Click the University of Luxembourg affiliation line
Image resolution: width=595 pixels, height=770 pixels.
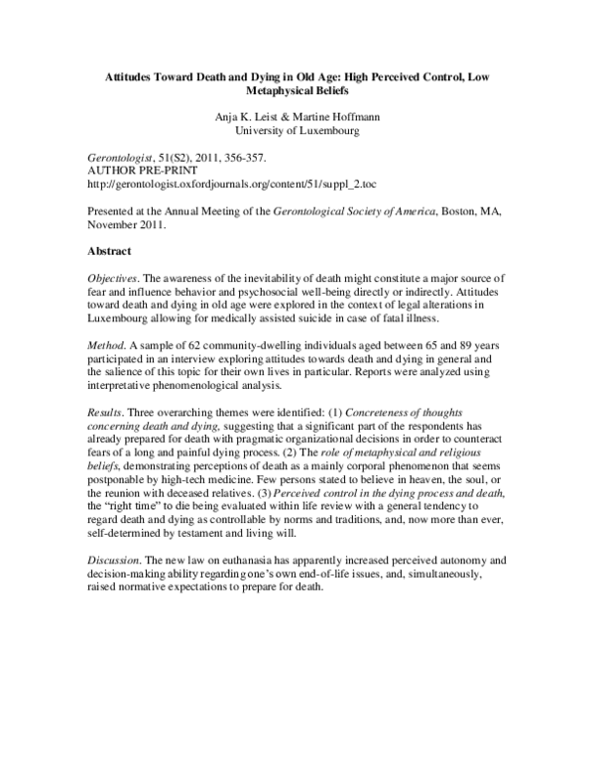297,131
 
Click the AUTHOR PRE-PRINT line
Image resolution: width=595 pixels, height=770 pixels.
142,173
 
